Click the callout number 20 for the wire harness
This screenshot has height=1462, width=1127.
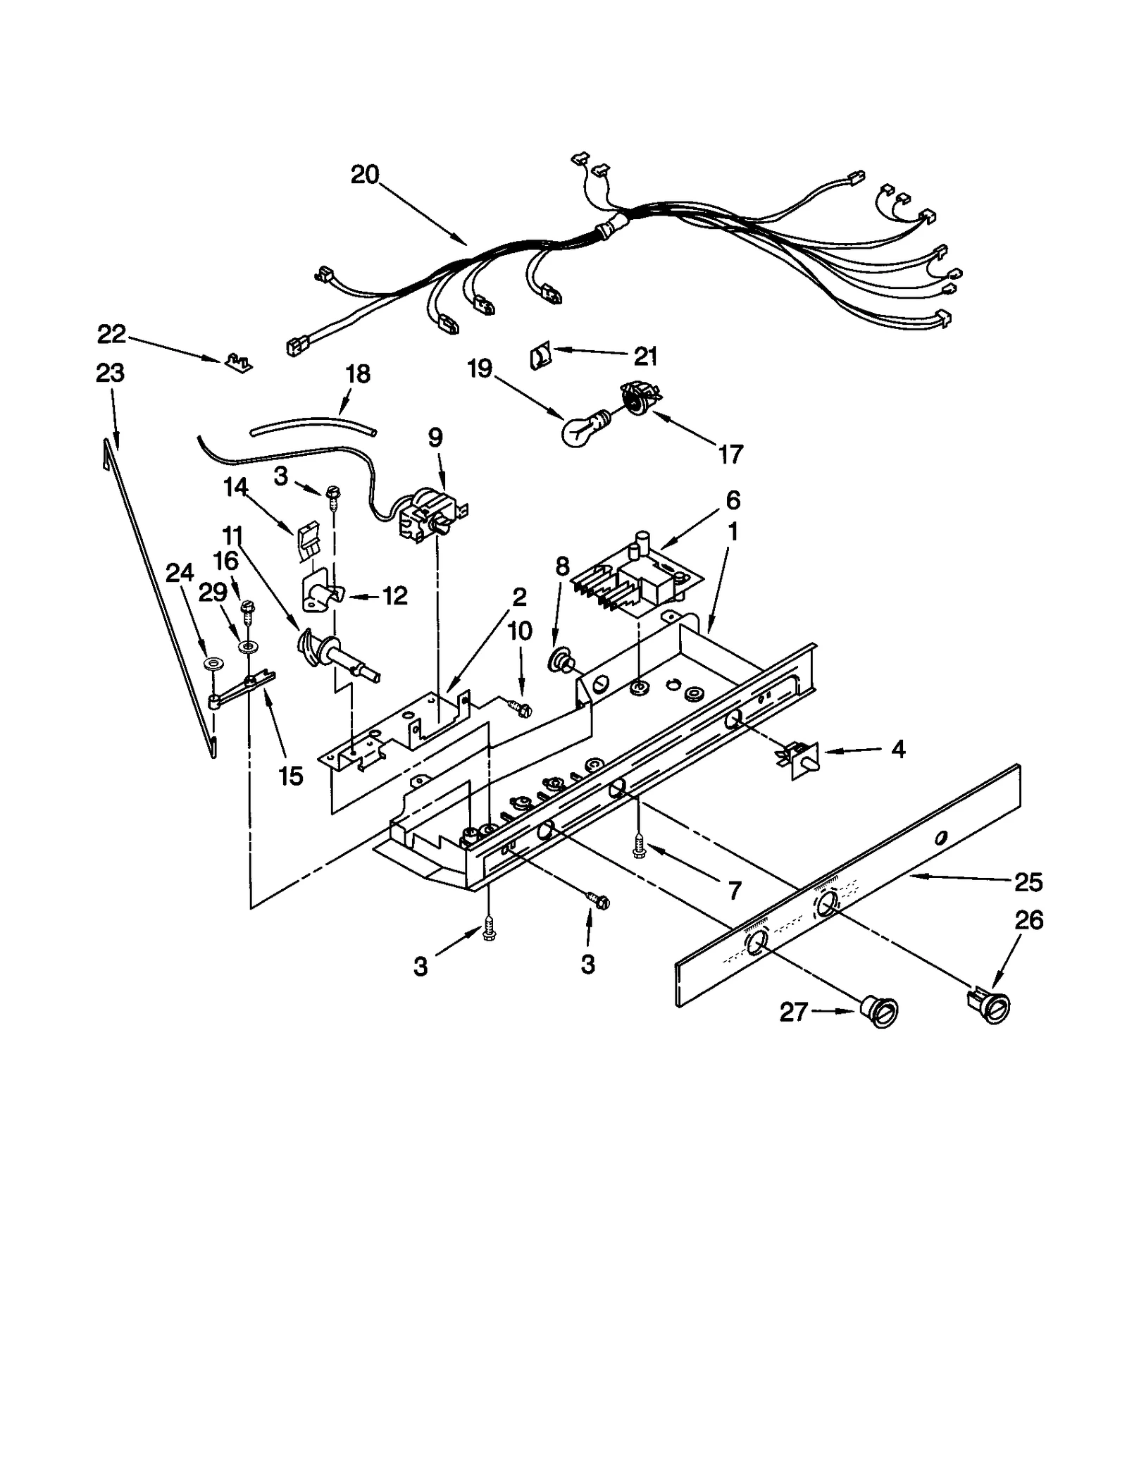(x=365, y=175)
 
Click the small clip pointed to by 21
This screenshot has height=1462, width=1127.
(x=540, y=356)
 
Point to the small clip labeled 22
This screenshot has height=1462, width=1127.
(x=237, y=364)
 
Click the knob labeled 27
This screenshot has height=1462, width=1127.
(x=880, y=1013)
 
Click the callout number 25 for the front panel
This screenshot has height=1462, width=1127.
(x=1028, y=881)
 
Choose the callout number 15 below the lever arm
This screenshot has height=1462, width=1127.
(x=290, y=776)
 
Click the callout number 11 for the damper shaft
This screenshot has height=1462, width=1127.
(x=233, y=536)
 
